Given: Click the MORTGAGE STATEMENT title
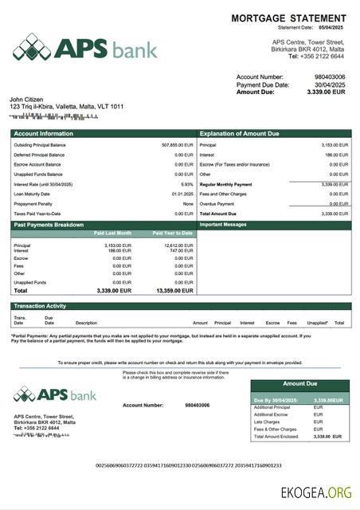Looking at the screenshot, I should click(288, 18).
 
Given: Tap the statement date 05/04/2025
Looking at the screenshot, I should click(331, 28).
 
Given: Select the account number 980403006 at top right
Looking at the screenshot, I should click(330, 77).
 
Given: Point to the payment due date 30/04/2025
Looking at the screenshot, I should click(330, 84).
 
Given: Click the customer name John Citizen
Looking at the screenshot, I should click(26, 99).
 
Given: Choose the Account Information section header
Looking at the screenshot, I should click(43, 134).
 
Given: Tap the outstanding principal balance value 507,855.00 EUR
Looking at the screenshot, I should click(178, 145).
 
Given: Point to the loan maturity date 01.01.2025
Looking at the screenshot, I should click(182, 194).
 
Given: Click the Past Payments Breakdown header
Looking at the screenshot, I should click(49, 225).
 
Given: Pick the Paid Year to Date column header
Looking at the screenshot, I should click(173, 233).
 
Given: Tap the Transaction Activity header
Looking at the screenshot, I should click(39, 306).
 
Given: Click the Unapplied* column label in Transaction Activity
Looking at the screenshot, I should click(318, 323).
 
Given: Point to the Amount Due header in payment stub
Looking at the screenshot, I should click(300, 383).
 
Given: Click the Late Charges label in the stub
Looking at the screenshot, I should click(265, 422).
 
